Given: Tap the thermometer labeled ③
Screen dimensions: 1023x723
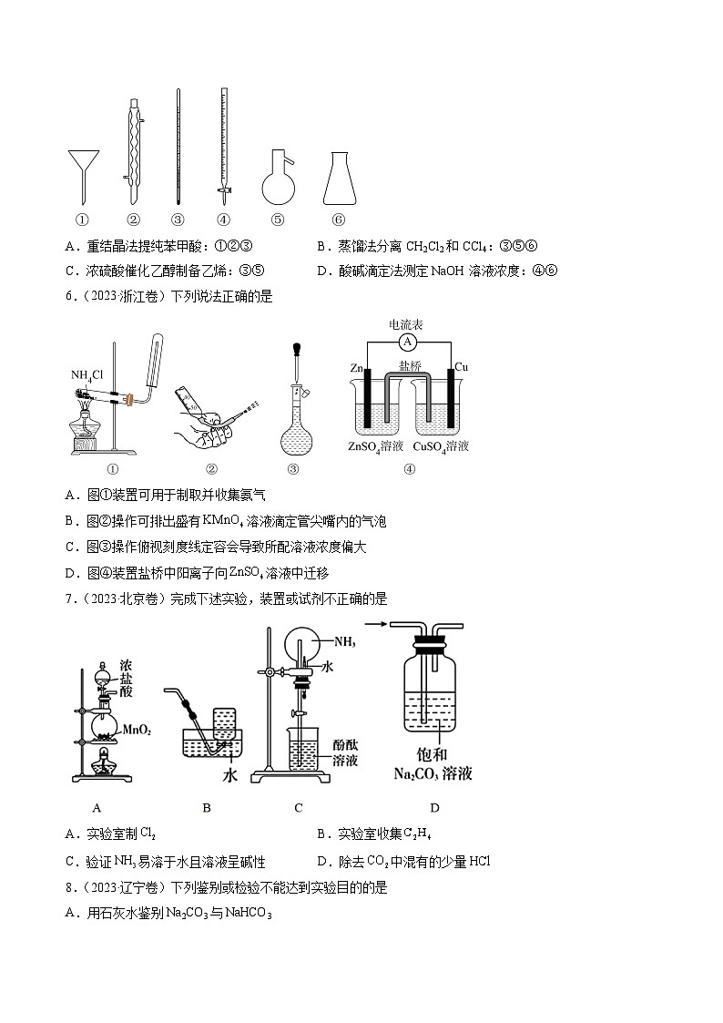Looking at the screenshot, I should (x=178, y=146).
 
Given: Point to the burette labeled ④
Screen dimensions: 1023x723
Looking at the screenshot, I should (x=223, y=146).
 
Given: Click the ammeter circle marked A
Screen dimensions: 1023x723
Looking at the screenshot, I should (x=408, y=342).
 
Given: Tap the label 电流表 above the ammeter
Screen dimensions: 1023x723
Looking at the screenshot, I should (x=406, y=324).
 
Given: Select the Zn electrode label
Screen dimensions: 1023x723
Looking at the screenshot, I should (x=357, y=367).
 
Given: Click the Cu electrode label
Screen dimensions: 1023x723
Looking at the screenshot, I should (x=461, y=366).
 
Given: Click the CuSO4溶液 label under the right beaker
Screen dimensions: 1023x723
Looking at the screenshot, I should (x=441, y=445).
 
